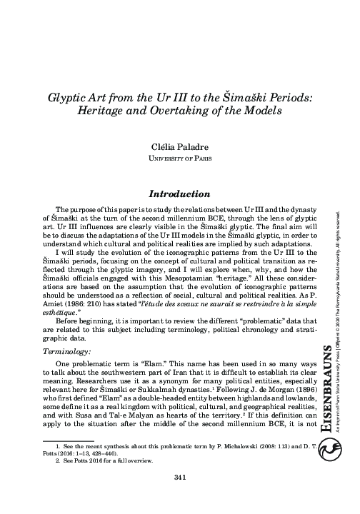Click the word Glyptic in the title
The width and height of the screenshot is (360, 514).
click(x=69, y=98)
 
